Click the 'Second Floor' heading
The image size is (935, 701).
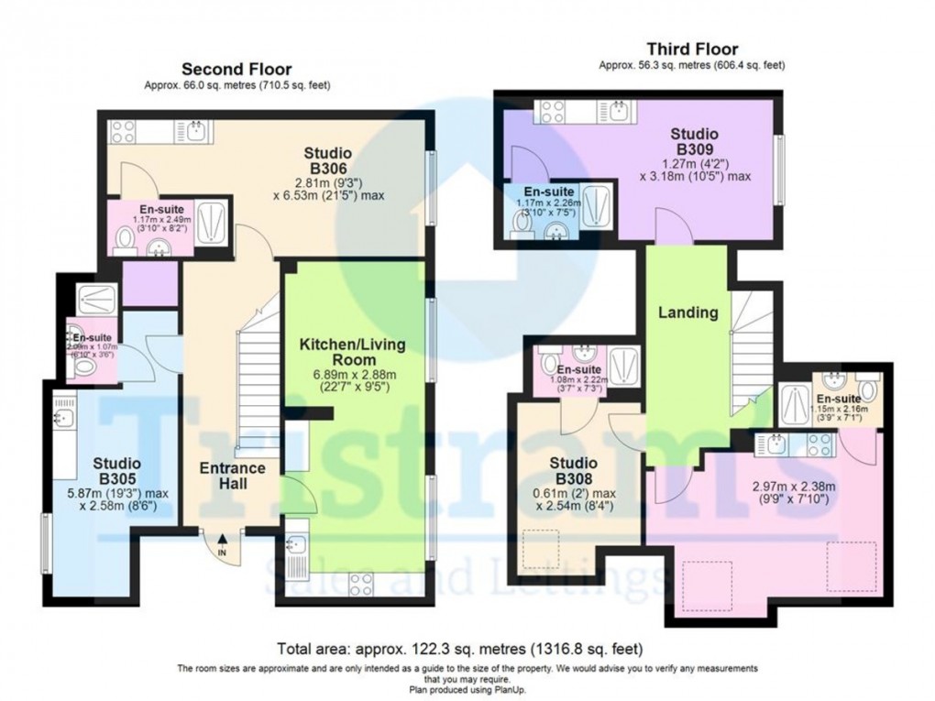click(x=236, y=69)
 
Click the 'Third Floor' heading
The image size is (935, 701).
click(x=692, y=49)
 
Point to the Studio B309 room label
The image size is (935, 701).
click(x=695, y=139)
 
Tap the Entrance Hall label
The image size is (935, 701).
click(x=233, y=476)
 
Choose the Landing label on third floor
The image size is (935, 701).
click(x=687, y=312)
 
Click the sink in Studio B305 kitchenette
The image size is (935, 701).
click(x=63, y=418)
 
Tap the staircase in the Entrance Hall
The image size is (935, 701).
click(x=257, y=385)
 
